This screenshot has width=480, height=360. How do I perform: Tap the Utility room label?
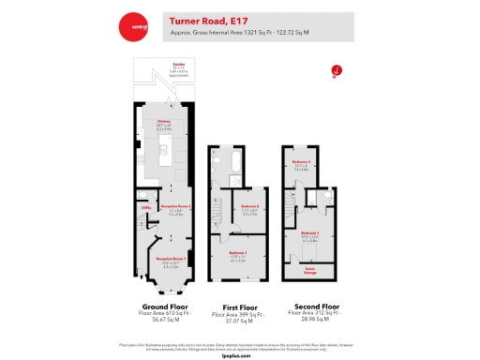(x=146, y=207)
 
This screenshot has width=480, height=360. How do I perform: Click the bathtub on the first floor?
(x=217, y=166)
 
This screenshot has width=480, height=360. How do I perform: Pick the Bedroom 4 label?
(x=302, y=164)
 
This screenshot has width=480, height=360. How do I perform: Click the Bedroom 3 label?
(x=309, y=233)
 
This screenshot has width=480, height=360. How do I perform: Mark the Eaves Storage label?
(x=308, y=271)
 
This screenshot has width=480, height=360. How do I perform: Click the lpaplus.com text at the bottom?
(x=239, y=354)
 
